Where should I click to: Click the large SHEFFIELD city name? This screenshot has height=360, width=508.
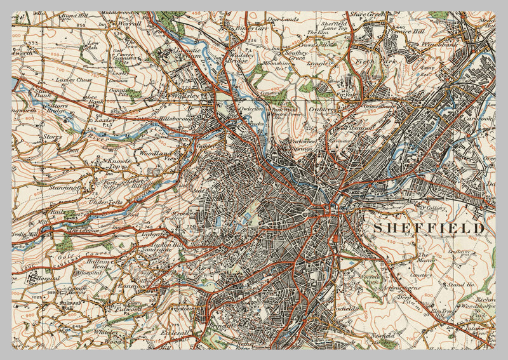(429, 227)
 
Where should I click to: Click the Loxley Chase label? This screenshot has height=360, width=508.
(76, 81)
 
